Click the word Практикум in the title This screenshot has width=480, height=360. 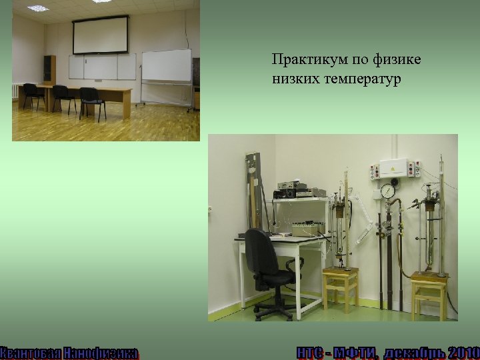tap(301, 61)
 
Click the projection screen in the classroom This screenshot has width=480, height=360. tap(100, 36)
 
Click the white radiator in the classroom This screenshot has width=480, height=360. tap(15, 92)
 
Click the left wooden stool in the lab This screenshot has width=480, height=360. tap(340, 287)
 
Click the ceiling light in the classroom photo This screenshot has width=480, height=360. tap(38, 9)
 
